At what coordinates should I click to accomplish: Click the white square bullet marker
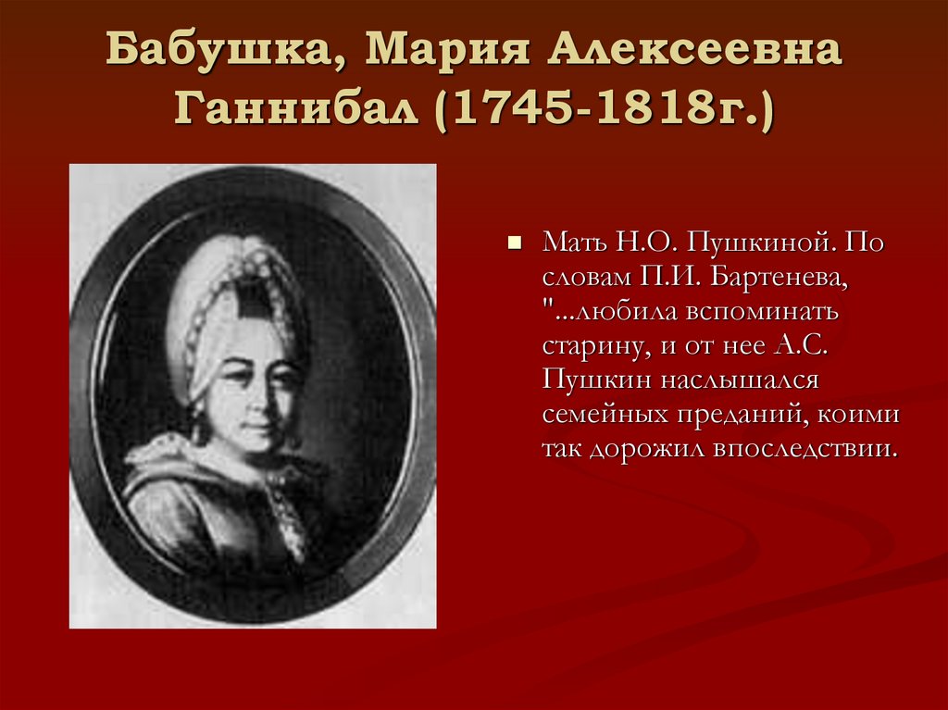coord(516,246)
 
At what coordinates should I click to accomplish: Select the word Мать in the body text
coord(573,243)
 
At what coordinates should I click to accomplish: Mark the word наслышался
coord(730,380)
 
